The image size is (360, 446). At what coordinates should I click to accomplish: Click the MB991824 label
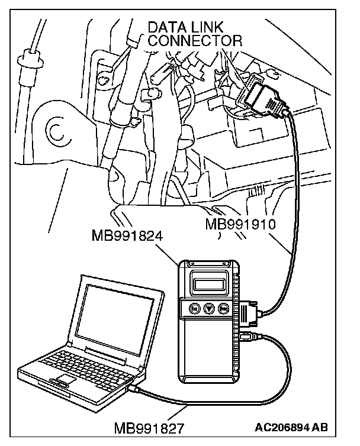[127, 237]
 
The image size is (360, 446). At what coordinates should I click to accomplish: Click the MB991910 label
[241, 225]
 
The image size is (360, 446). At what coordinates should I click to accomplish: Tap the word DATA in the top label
[169, 27]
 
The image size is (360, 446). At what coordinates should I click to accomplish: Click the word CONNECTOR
[195, 40]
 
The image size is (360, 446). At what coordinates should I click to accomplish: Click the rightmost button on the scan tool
[224, 308]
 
